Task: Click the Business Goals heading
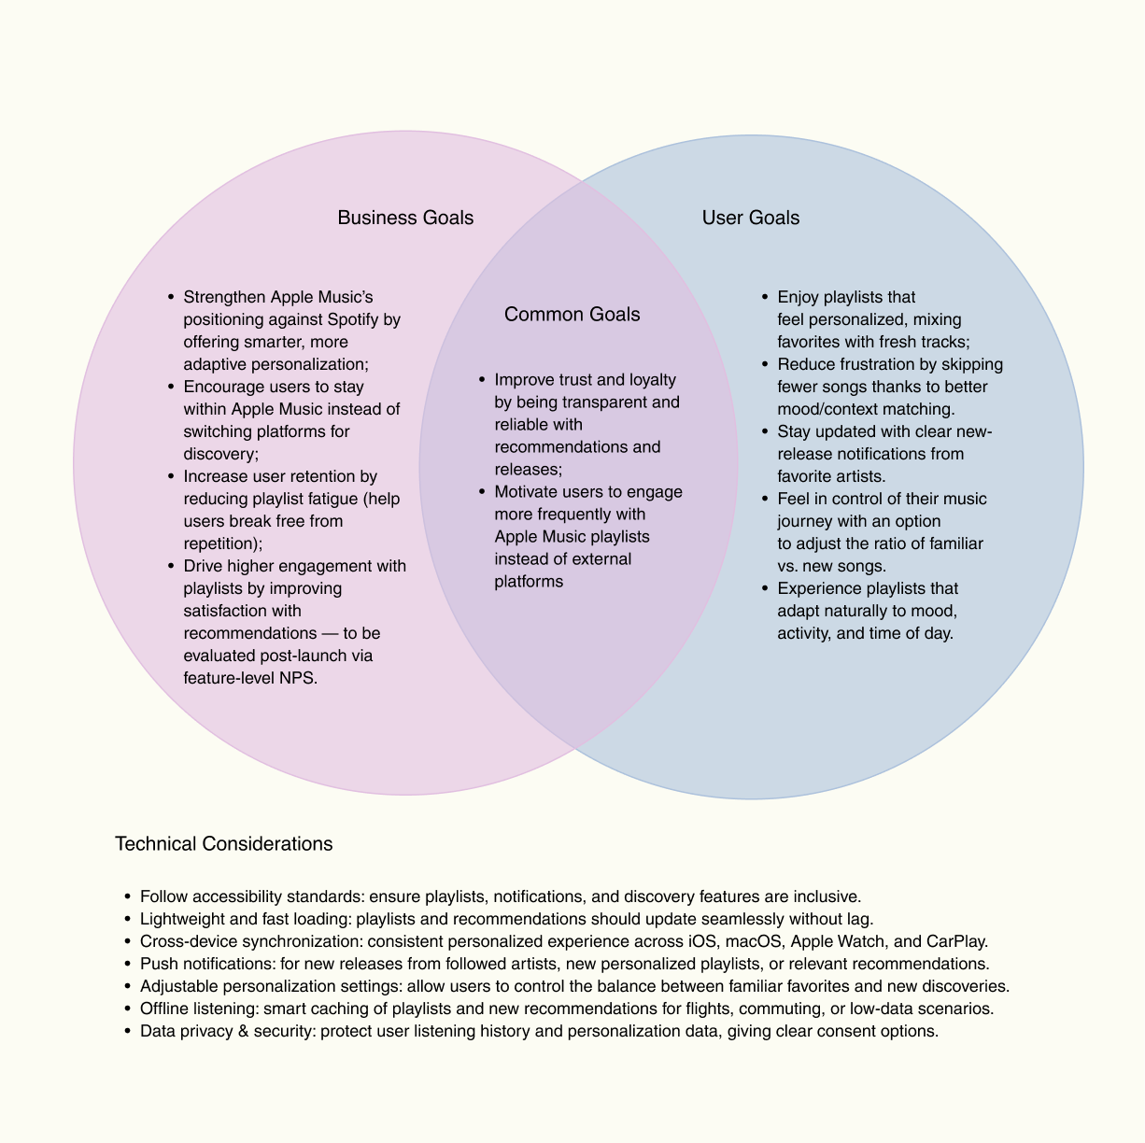405,218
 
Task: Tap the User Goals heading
751,218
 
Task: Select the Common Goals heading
572,314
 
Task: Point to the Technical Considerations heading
223,844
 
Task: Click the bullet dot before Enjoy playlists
765,298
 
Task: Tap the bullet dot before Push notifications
127,964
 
